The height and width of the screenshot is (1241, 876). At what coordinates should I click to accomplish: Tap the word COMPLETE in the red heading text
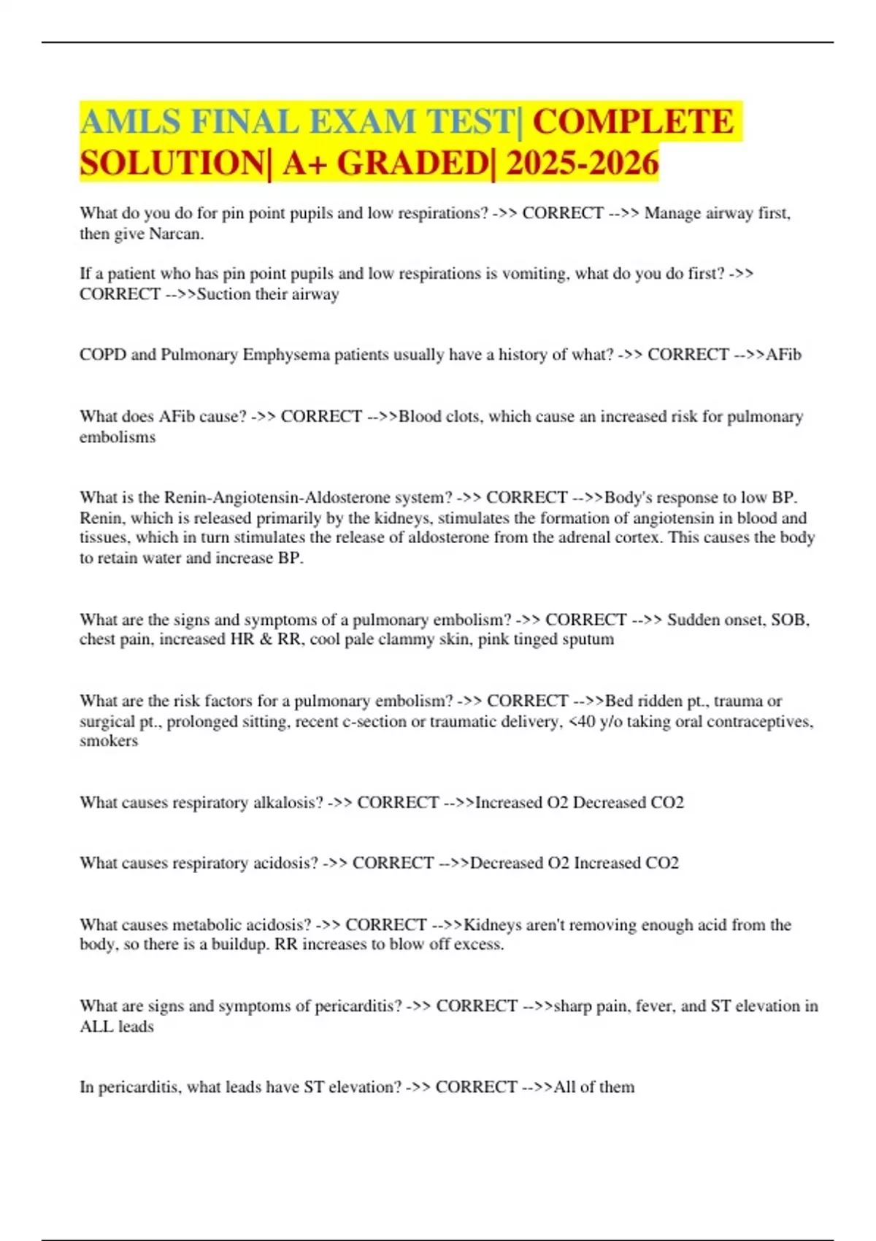(633, 121)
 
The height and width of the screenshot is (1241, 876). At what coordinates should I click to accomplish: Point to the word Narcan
(176, 234)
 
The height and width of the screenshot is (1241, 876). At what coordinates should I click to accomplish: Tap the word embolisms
(118, 437)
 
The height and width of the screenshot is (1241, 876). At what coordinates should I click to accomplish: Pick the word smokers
(109, 741)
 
